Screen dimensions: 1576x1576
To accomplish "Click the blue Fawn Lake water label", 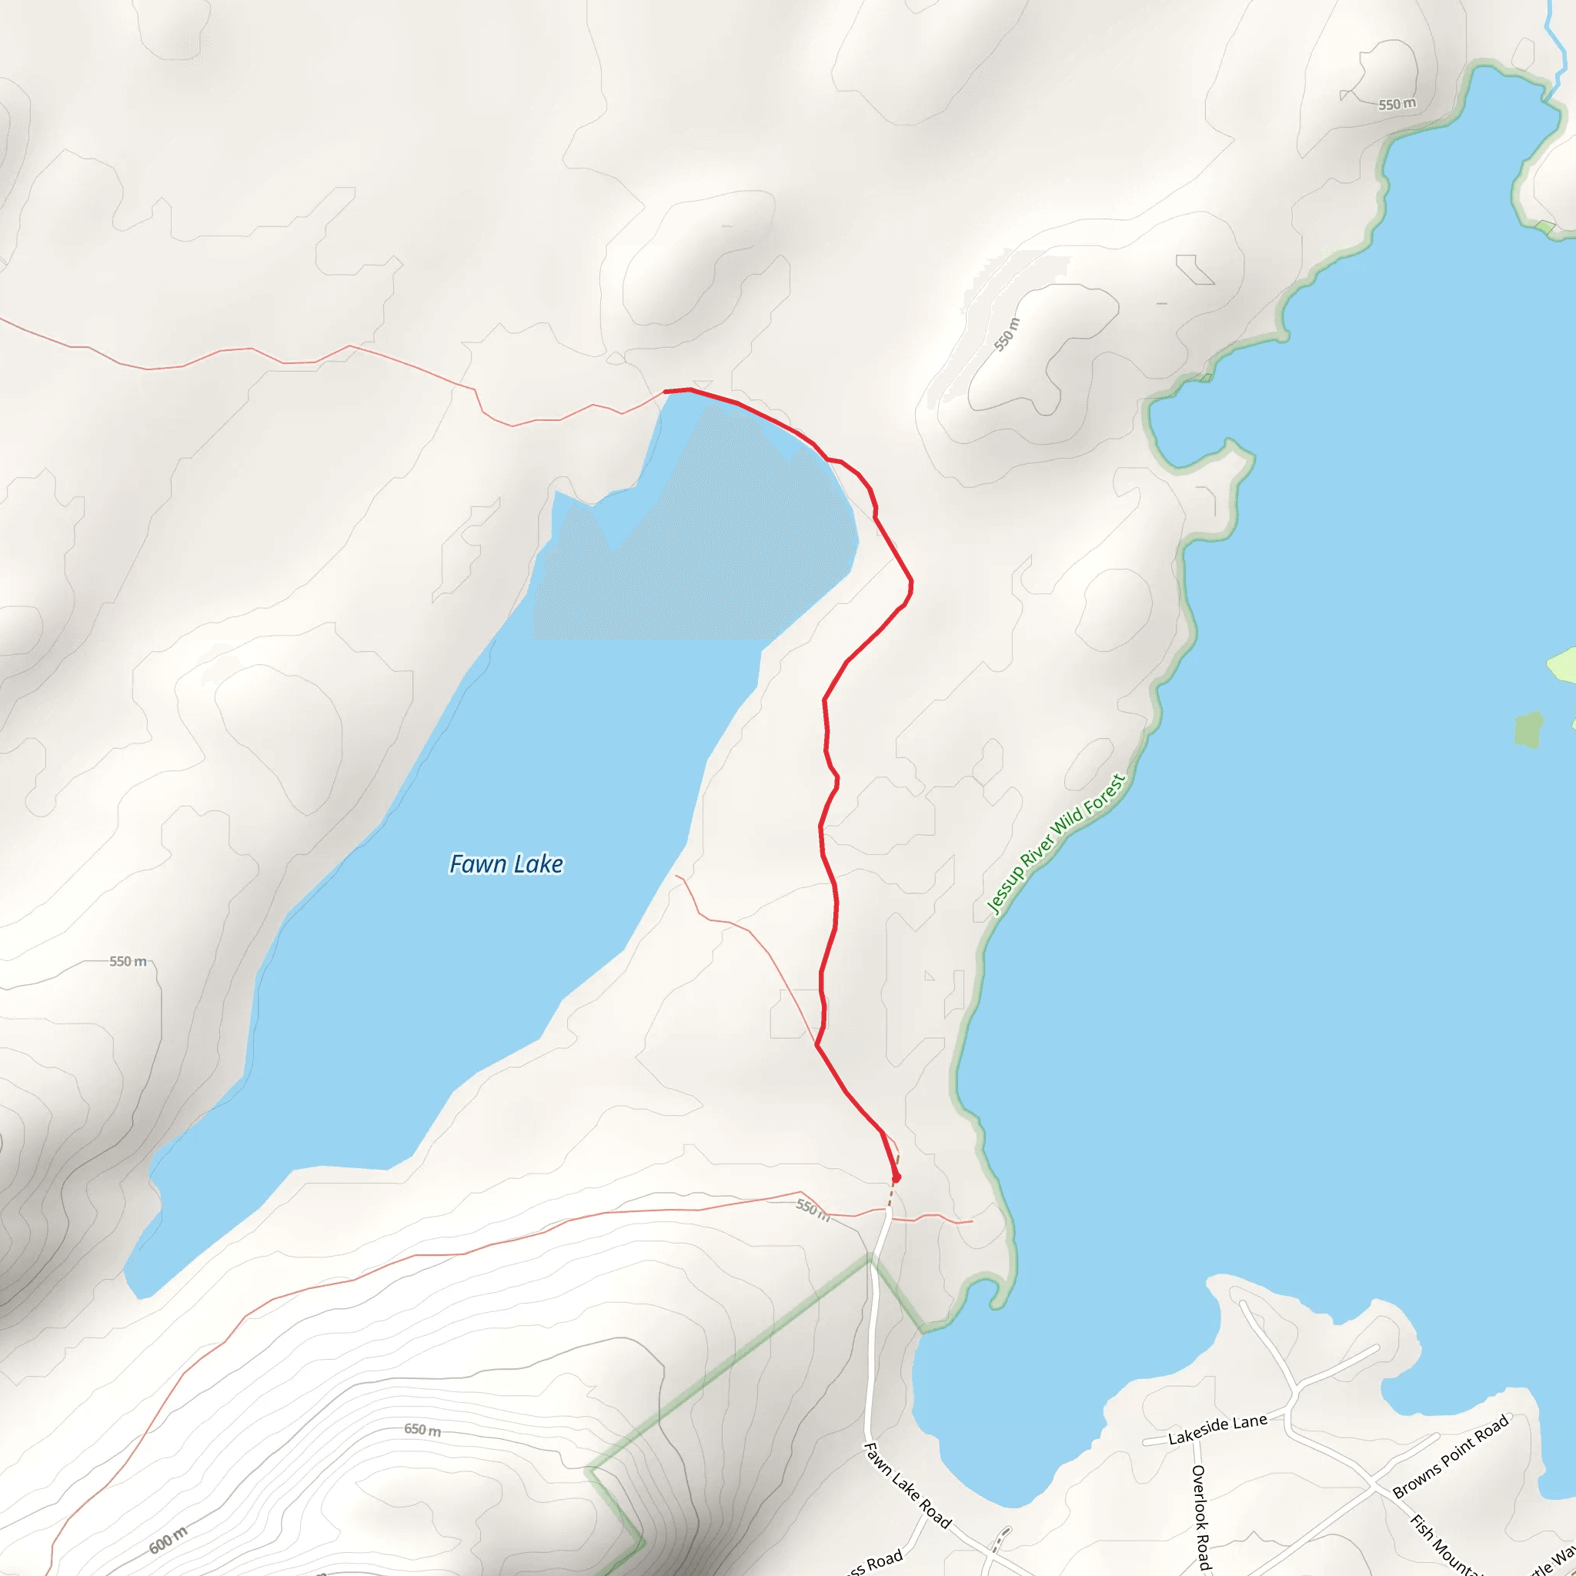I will [x=506, y=864].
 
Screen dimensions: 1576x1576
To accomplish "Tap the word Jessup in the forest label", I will [x=1005, y=890].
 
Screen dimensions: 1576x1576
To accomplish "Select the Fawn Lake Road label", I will [x=907, y=1484].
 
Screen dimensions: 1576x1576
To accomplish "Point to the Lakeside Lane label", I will [x=1217, y=1428].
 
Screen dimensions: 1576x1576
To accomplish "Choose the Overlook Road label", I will [x=1200, y=1516].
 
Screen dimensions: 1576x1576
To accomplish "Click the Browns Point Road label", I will [x=1451, y=1457].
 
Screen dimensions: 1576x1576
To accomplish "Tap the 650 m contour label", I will [x=422, y=1429].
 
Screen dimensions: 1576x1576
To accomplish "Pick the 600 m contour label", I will [x=168, y=1539].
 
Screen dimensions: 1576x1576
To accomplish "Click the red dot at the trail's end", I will [x=897, y=1177].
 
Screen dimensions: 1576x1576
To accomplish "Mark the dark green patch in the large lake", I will [x=1528, y=730].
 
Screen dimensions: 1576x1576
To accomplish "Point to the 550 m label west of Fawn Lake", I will [x=128, y=961].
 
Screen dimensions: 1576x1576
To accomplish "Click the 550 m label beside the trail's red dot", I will [x=813, y=1209].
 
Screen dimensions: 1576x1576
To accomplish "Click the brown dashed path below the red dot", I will [x=892, y=1195].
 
